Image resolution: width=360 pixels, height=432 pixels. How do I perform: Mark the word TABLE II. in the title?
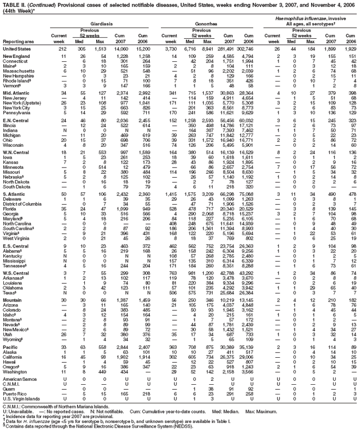point(12,5)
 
